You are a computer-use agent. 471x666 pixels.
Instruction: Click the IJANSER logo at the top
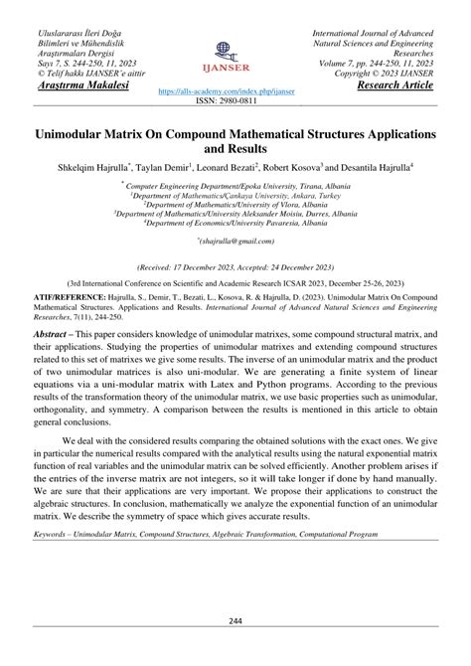tap(234, 55)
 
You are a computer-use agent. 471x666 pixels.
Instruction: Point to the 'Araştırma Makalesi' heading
tap(73, 85)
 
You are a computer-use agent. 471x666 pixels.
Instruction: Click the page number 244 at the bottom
tap(235, 621)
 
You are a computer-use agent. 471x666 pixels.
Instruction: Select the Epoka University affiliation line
tap(235, 185)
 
